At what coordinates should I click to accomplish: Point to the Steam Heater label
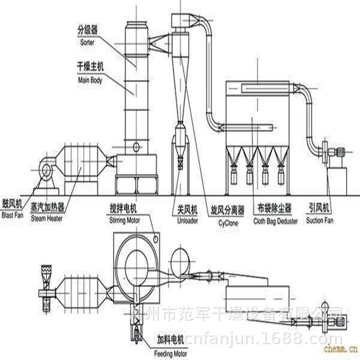(x=47, y=219)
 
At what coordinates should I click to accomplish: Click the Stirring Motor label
(x=125, y=220)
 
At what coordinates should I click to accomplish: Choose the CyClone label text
(x=228, y=222)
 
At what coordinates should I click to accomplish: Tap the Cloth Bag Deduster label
(x=275, y=221)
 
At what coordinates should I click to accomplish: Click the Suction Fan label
(x=319, y=220)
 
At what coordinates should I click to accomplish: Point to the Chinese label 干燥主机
(x=88, y=68)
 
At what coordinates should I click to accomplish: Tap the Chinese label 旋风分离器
(x=228, y=210)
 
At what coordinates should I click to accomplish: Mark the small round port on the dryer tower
(x=136, y=147)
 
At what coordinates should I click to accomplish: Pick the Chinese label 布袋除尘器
(x=275, y=208)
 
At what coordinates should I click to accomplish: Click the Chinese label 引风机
(x=319, y=208)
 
